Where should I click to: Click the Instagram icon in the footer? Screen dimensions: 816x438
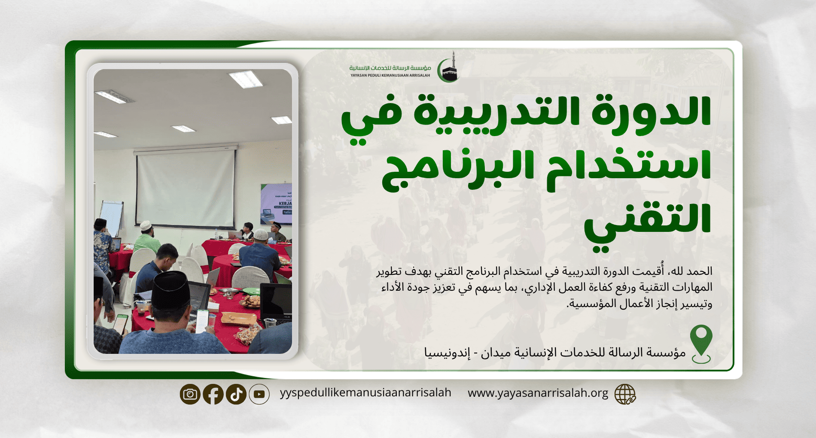pyautogui.click(x=190, y=394)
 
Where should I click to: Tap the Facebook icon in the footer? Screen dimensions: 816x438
pyautogui.click(x=213, y=394)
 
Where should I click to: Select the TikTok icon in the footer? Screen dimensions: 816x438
pyautogui.click(x=236, y=394)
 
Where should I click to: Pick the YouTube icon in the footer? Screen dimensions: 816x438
pyautogui.click(x=259, y=394)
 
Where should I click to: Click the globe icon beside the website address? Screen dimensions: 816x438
pyautogui.click(x=625, y=394)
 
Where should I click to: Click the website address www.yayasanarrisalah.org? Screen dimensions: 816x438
pyautogui.click(x=538, y=393)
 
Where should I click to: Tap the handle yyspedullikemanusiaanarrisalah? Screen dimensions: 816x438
pyautogui.click(x=365, y=392)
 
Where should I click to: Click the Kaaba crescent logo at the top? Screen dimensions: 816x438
pyautogui.click(x=448, y=67)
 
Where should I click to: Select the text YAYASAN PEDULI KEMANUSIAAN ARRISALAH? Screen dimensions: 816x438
pyautogui.click(x=390, y=76)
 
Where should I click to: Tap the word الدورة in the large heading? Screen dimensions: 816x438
pyautogui.click(x=652, y=111)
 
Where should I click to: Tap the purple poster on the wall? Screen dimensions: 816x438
pyautogui.click(x=276, y=204)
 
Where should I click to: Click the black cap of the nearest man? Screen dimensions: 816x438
pyautogui.click(x=171, y=290)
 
